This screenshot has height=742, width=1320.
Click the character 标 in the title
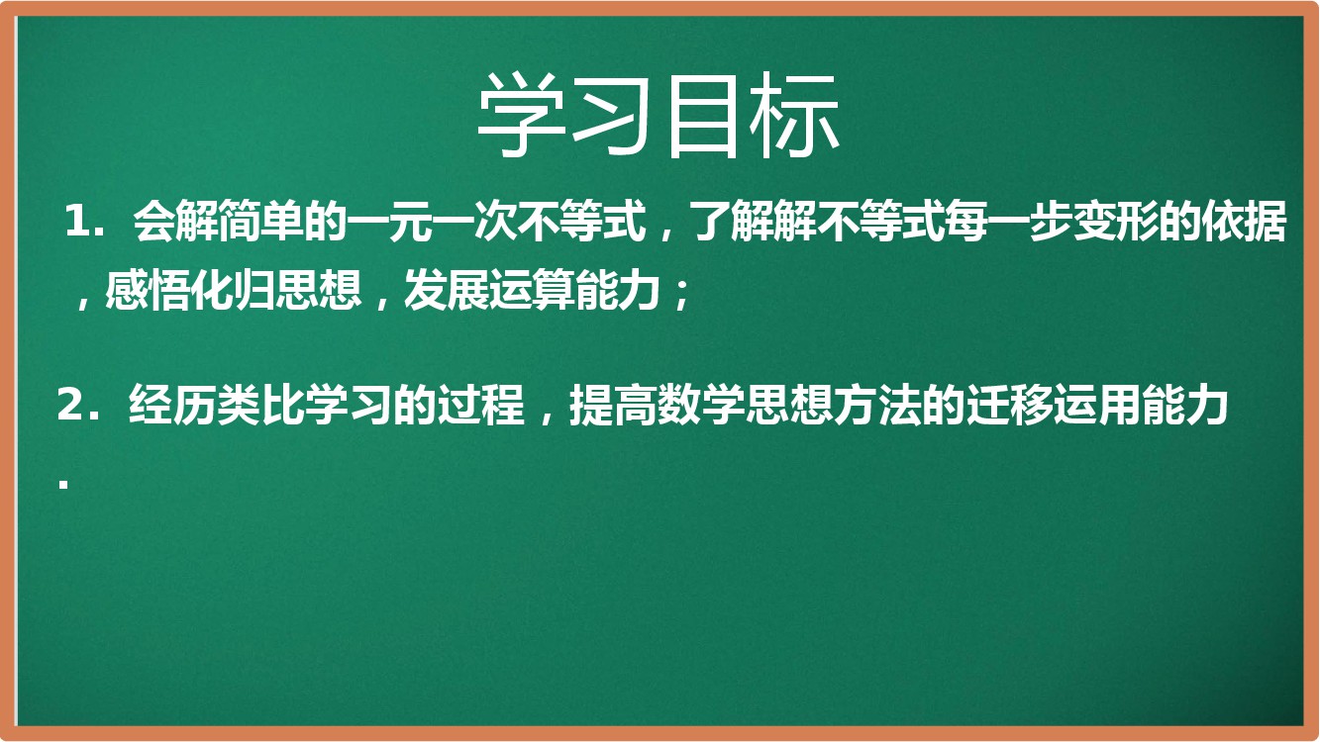click(x=794, y=116)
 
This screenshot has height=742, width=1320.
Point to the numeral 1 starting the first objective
click(x=77, y=222)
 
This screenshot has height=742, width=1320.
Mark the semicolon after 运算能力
click(x=682, y=295)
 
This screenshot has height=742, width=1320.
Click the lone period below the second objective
click(x=63, y=485)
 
